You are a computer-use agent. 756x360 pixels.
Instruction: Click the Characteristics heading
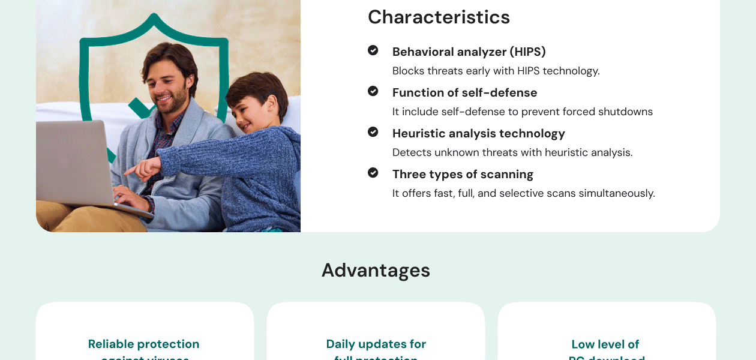[439, 17]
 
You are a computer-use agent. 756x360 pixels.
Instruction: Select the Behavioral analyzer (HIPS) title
[469, 52]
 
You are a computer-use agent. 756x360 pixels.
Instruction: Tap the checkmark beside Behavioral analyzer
[373, 50]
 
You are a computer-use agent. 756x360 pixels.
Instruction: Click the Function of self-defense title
[464, 93]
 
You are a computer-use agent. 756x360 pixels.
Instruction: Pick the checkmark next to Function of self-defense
[373, 91]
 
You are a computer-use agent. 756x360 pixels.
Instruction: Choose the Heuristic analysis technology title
[478, 134]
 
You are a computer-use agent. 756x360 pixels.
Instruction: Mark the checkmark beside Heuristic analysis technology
[373, 132]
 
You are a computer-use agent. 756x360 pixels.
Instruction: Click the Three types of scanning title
[463, 175]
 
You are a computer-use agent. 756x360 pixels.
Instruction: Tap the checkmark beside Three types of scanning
[373, 173]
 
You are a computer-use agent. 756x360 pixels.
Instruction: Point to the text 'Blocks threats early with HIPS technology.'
[496, 71]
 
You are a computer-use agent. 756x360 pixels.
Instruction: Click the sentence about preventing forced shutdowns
[522, 112]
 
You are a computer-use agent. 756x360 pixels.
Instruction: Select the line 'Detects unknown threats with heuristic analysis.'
[512, 153]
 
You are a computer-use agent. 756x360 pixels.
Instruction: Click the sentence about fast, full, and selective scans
[523, 194]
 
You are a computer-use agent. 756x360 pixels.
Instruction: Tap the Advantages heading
[376, 271]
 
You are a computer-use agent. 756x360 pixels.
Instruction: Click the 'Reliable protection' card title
[143, 344]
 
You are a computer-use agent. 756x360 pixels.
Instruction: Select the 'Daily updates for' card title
[376, 344]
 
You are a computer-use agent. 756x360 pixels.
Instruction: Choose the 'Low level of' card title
[605, 344]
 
